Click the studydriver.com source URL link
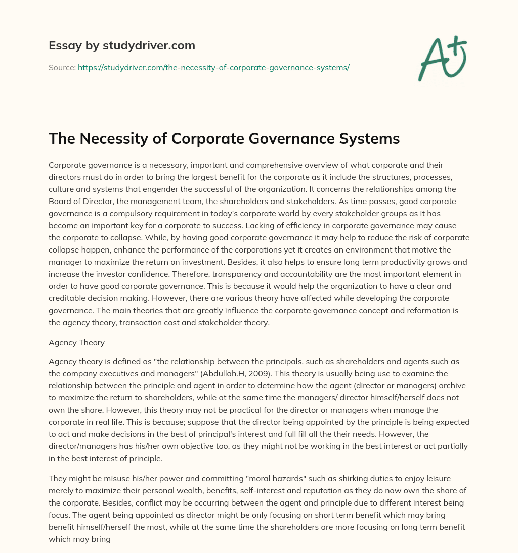[213, 67]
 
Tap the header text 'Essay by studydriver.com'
[122, 45]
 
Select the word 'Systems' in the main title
[370, 139]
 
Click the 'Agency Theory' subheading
[76, 342]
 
